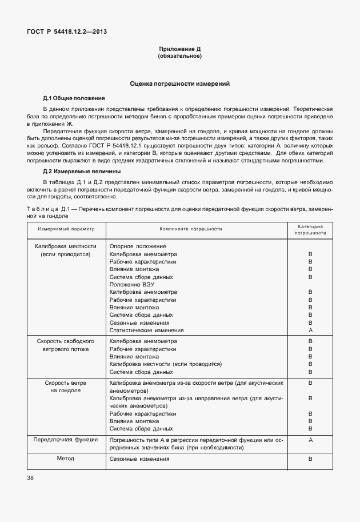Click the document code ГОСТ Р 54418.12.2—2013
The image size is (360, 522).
tap(66, 31)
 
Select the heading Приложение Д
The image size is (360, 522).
tap(179, 50)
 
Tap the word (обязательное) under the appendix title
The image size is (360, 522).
tap(179, 57)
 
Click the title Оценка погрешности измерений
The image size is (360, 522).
tap(179, 84)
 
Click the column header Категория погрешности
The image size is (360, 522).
tap(310, 229)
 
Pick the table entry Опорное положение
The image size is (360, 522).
tap(133, 246)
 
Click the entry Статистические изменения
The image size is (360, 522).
tap(146, 330)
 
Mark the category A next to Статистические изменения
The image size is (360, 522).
tap(310, 330)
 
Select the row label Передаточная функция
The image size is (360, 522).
tap(66, 440)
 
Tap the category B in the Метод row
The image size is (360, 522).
tap(310, 459)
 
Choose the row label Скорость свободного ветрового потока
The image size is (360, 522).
tap(66, 345)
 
